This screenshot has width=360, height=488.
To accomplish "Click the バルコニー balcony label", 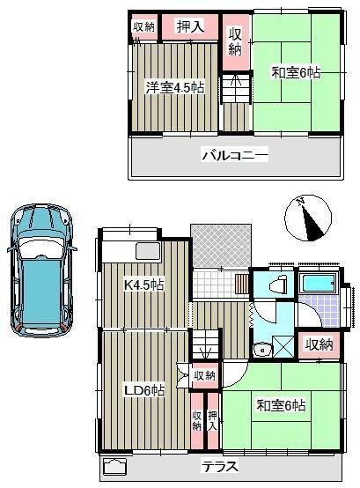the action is [235, 155].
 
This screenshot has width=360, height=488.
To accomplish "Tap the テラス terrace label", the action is [220, 467].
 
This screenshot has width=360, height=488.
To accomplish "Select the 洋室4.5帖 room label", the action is [175, 88].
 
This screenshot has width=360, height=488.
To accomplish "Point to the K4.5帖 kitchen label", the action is [144, 285].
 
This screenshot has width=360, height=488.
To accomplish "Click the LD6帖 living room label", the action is [144, 390].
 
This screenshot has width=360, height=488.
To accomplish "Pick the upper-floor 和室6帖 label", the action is [296, 73].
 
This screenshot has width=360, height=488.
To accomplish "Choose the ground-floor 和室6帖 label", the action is [281, 405].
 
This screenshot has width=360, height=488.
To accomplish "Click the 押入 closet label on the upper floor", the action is [190, 26].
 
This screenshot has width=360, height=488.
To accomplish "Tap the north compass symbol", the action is [308, 218].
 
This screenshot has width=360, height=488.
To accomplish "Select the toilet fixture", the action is [278, 285].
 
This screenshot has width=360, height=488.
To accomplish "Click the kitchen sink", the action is [149, 251].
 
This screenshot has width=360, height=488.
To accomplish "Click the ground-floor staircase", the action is [205, 344].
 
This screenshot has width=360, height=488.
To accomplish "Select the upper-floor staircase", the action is [235, 88].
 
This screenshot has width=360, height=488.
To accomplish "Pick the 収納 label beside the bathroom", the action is [319, 344].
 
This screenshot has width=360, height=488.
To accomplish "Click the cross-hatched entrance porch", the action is [221, 246].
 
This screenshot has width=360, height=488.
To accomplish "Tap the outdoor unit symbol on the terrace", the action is [114, 466].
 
